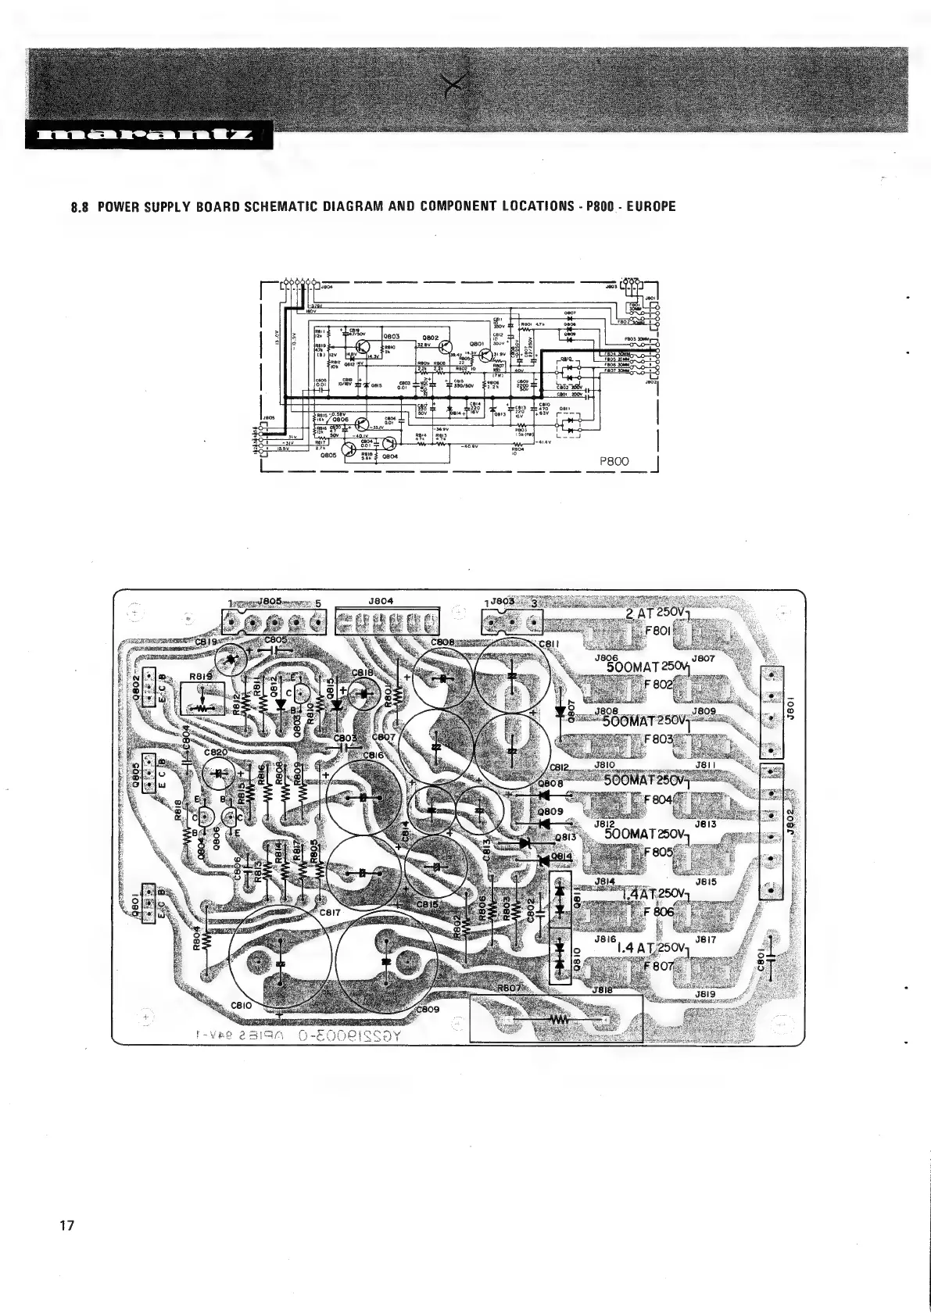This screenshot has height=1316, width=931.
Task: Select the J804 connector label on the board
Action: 380,601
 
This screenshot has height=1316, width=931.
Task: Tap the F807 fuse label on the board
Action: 658,967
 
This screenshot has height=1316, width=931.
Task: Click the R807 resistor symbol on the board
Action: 558,1021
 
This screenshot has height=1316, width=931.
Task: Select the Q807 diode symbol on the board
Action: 560,712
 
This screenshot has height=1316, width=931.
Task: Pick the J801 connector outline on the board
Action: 772,711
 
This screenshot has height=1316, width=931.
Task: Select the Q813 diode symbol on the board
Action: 526,843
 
